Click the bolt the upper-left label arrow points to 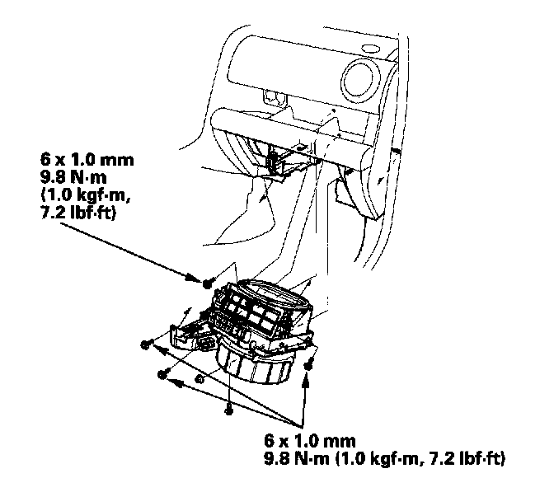(207, 283)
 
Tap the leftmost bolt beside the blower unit (146, 344)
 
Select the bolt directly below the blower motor (229, 410)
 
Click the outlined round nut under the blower (200, 379)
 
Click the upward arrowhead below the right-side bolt (307, 382)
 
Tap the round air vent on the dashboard (360, 79)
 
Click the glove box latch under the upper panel (275, 97)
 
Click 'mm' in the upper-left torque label (117, 160)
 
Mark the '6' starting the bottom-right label (270, 441)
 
